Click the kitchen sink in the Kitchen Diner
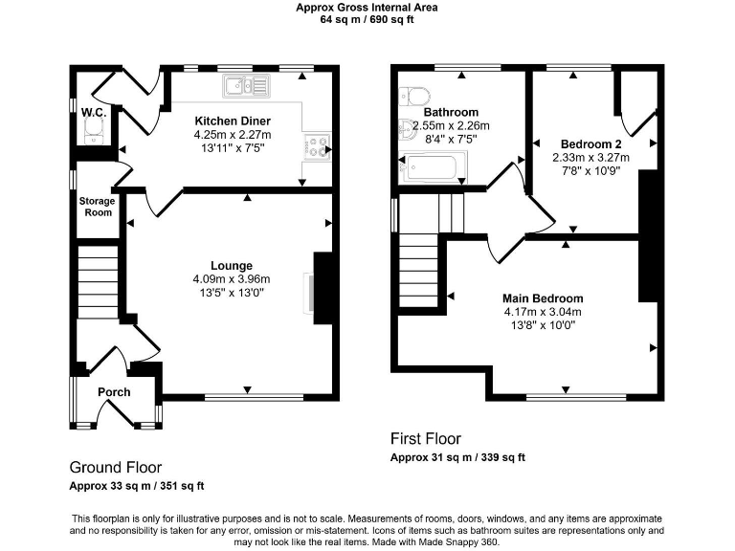(248, 87)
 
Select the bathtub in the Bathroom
(433, 170)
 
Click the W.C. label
(93, 113)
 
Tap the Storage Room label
(97, 207)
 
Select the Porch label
(114, 392)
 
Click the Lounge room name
(232, 265)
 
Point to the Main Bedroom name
(543, 298)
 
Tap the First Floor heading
(426, 438)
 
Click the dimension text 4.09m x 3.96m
(232, 279)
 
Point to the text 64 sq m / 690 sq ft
(367, 19)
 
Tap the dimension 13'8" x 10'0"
(543, 325)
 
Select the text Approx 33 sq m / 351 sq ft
(137, 486)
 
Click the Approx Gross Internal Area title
(367, 7)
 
